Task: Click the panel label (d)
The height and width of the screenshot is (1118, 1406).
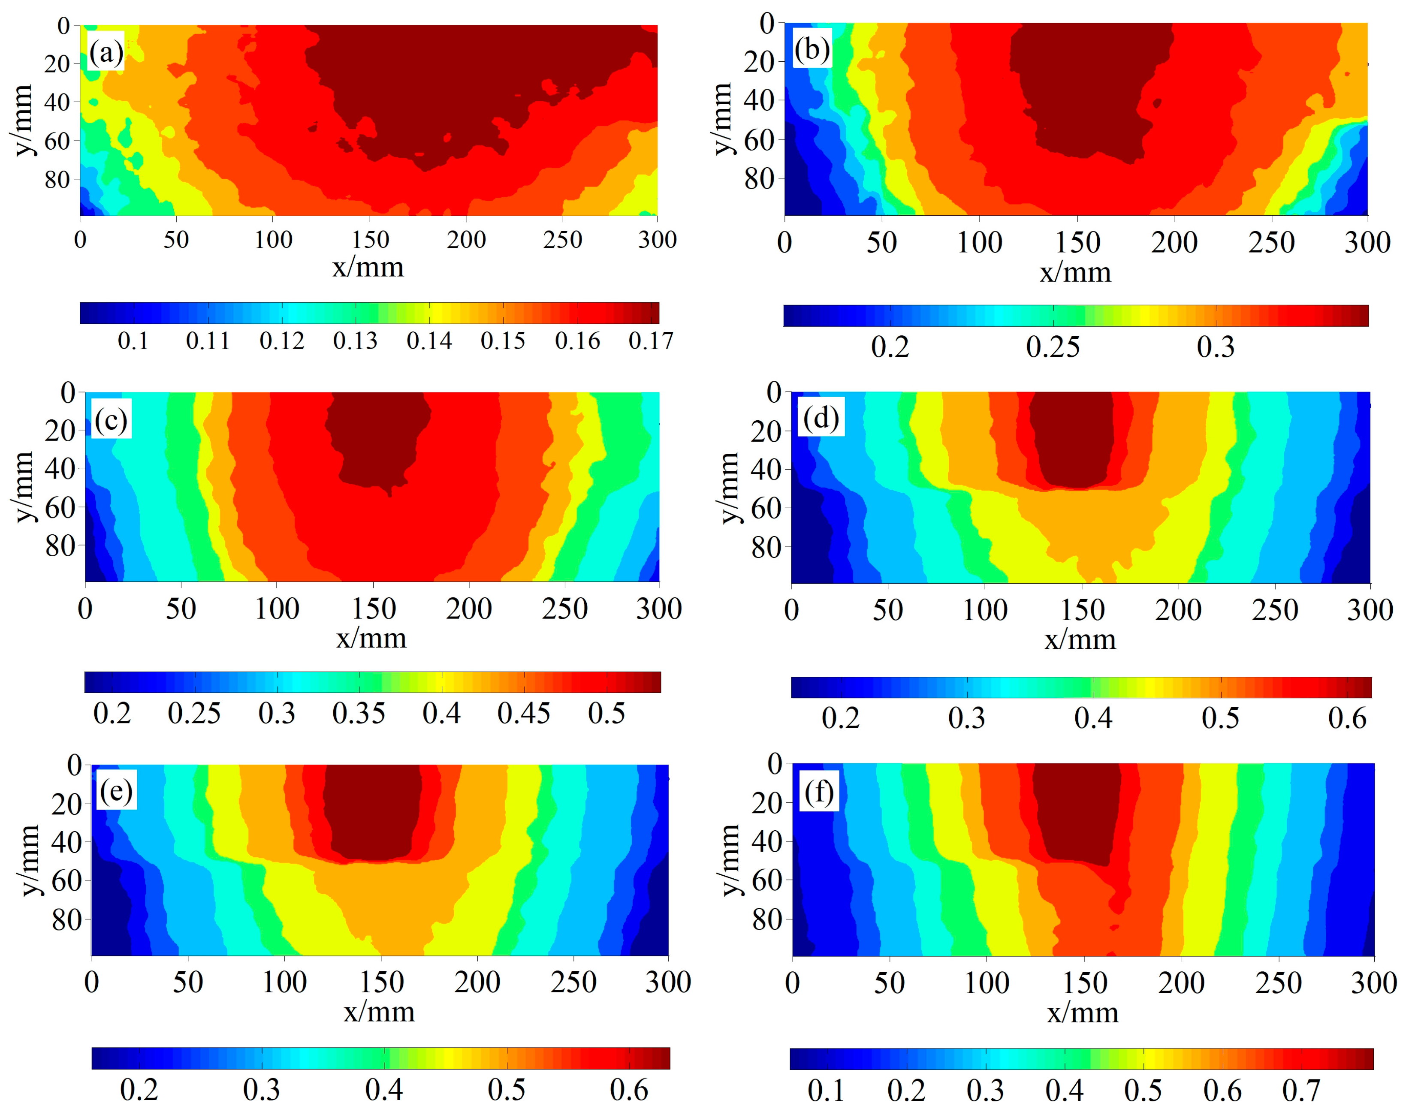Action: tap(821, 418)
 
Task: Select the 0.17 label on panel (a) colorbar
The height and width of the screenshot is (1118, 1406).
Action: tap(650, 341)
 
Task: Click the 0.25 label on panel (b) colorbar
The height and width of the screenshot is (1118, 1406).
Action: tap(1053, 347)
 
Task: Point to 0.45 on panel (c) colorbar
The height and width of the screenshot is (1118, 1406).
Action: tap(524, 713)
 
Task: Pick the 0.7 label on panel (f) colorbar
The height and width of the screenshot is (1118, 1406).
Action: tap(1301, 1090)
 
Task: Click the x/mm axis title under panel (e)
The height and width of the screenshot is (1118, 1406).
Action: tap(379, 1011)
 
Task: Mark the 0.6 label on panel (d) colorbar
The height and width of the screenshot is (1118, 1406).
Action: tap(1347, 718)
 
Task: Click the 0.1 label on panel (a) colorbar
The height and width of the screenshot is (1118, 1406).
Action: tap(133, 341)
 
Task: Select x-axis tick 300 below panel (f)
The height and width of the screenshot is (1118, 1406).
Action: tap(1373, 982)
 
